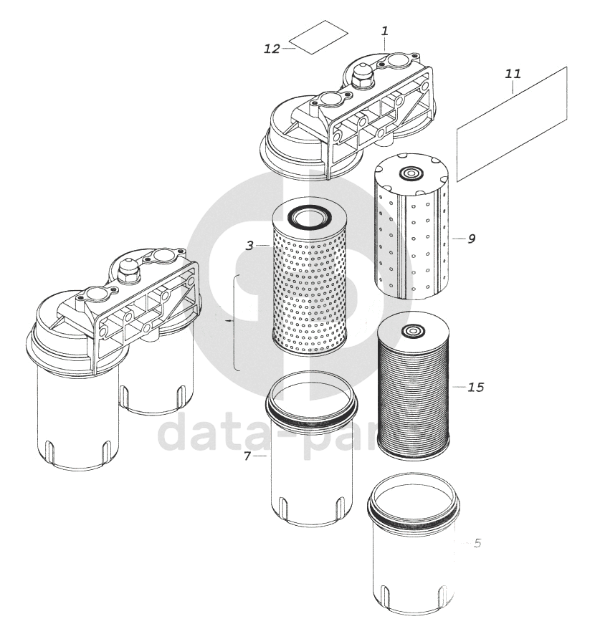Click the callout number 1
click(385, 32)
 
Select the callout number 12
click(271, 49)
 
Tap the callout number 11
click(513, 74)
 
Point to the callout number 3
click(249, 246)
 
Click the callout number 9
click(471, 239)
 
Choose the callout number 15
click(475, 388)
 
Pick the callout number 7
click(247, 456)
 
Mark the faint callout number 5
click(477, 544)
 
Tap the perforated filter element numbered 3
click(310, 287)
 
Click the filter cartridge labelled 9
click(411, 229)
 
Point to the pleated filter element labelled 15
click(412, 390)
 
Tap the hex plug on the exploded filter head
click(362, 75)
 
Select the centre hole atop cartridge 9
click(411, 174)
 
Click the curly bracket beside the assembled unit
click(234, 322)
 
